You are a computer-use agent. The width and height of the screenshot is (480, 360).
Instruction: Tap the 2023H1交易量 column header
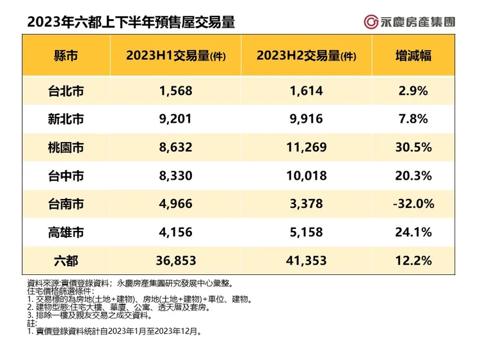(x=177, y=55)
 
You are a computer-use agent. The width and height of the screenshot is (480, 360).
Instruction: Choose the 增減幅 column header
(x=413, y=55)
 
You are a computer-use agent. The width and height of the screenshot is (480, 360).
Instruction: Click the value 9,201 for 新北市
(x=177, y=119)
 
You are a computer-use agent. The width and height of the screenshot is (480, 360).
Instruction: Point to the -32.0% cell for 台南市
(x=413, y=204)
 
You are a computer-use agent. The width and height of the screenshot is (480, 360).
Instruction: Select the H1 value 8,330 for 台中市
(x=177, y=176)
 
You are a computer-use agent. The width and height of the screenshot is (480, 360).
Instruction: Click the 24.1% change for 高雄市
(x=413, y=232)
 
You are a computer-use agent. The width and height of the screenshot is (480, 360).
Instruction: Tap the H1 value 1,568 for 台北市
(x=177, y=91)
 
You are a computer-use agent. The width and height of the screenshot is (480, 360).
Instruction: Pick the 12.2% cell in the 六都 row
(x=413, y=260)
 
